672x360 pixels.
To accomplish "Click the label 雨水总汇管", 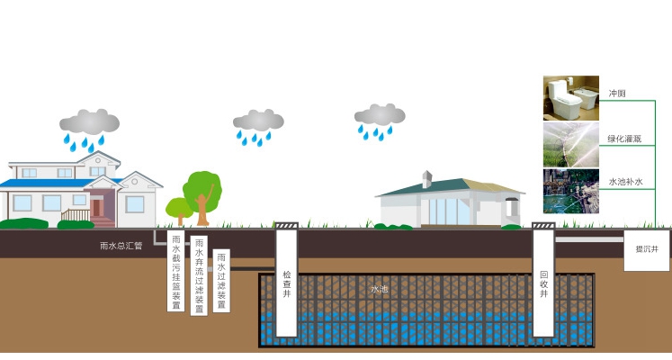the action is pyautogui.click(x=121, y=246).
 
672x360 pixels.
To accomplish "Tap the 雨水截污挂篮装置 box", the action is pyautogui.click(x=175, y=271).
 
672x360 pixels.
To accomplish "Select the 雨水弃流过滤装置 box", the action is pyautogui.click(x=199, y=275).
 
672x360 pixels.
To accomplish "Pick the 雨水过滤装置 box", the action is pyautogui.click(x=221, y=281).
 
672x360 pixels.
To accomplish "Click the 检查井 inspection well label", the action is pyautogui.click(x=287, y=283).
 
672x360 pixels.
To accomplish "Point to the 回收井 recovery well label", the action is pyautogui.click(x=544, y=283).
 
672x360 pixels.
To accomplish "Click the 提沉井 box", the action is pyautogui.click(x=646, y=251).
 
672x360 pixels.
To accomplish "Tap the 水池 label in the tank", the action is pyautogui.click(x=380, y=289).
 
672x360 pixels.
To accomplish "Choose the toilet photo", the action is pyautogui.click(x=571, y=98).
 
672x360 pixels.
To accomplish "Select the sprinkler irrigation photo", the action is pyautogui.click(x=571, y=145).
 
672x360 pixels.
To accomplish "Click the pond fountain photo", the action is pyautogui.click(x=571, y=191).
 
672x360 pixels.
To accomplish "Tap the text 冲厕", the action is pyautogui.click(x=617, y=94).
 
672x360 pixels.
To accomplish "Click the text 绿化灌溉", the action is pyautogui.click(x=624, y=139).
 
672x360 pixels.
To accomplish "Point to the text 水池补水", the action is pyautogui.click(x=626, y=182).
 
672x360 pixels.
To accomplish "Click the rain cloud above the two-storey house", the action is pyautogui.click(x=89, y=121).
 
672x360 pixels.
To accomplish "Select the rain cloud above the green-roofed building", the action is pyautogui.click(x=380, y=114).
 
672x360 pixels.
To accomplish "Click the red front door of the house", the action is pyautogui.click(x=96, y=208).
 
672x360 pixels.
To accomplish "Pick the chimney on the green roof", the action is pyautogui.click(x=426, y=179).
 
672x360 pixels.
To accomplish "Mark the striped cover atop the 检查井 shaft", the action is pyautogui.click(x=286, y=225).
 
